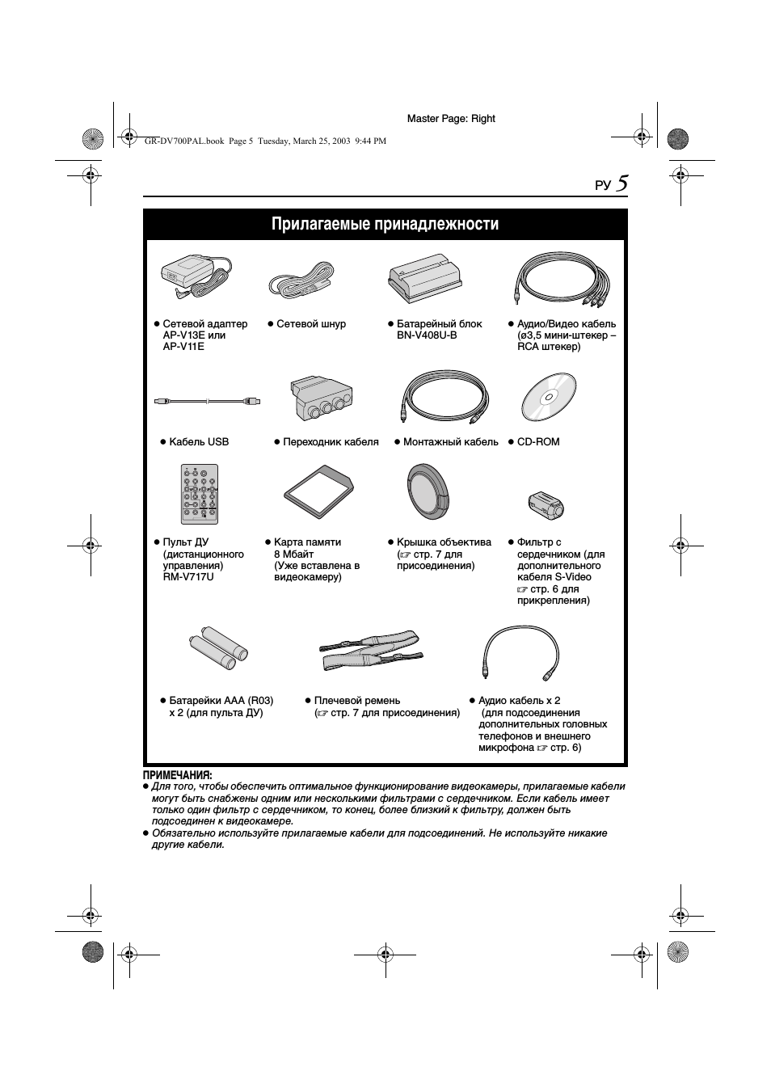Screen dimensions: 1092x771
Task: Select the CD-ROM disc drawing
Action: pyautogui.click(x=548, y=398)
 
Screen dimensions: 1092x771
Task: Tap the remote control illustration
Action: pyautogui.click(x=199, y=494)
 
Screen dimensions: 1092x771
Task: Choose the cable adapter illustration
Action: pyautogui.click(x=318, y=399)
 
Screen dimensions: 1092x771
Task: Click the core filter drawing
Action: pyautogui.click(x=545, y=505)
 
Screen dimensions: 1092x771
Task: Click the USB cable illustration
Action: pyautogui.click(x=207, y=400)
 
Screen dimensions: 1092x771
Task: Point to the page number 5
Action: pyautogui.click(x=621, y=183)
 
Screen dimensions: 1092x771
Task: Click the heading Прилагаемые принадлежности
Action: pyautogui.click(x=385, y=224)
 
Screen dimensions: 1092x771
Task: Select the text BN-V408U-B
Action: pyautogui.click(x=427, y=335)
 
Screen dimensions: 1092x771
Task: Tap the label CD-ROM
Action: pyautogui.click(x=538, y=442)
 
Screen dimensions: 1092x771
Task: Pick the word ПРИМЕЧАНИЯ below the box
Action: pyautogui.click(x=178, y=775)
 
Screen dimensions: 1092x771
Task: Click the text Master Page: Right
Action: pyautogui.click(x=451, y=119)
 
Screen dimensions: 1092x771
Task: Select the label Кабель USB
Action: pyautogui.click(x=199, y=442)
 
